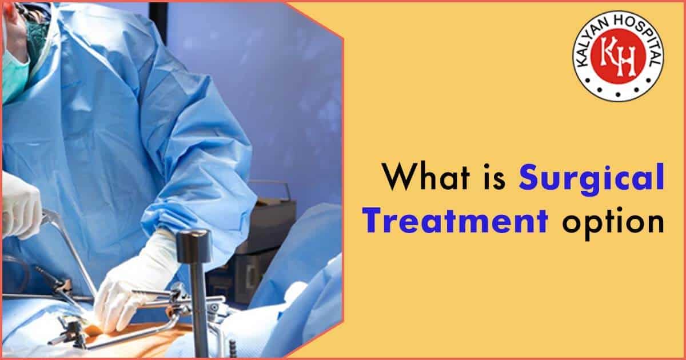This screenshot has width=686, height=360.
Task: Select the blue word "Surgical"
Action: [591, 178]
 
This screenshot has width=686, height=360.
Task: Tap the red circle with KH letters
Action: [619, 57]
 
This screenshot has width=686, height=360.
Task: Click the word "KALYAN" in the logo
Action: [595, 34]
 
